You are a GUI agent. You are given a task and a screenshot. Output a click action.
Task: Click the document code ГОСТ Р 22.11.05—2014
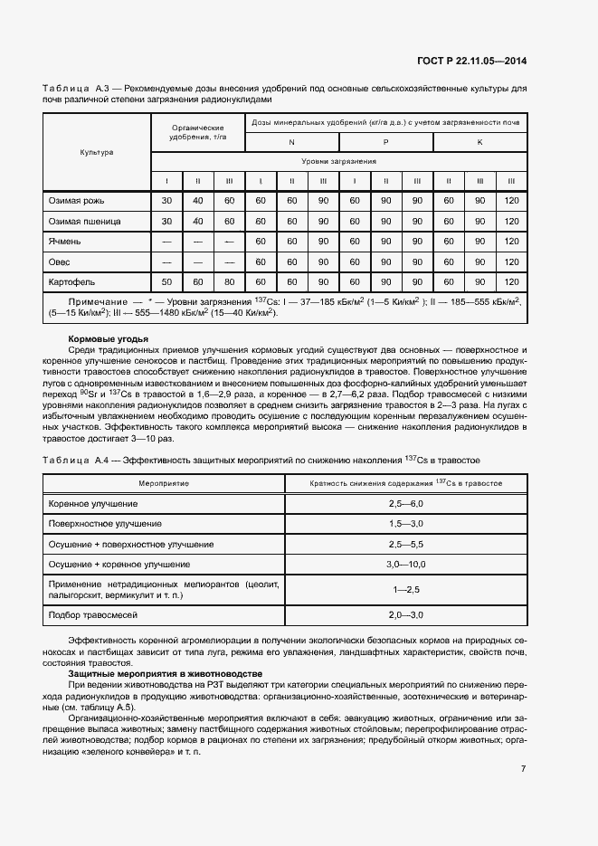pos(471,62)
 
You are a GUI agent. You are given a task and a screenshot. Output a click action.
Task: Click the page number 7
pos(523,769)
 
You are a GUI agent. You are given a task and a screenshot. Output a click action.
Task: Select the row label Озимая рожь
pos(71,201)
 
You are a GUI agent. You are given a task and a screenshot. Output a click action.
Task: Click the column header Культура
pos(97,152)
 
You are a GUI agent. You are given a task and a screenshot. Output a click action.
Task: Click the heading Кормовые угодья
pos(108,338)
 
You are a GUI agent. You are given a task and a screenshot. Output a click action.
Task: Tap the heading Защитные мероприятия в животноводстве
pos(165,674)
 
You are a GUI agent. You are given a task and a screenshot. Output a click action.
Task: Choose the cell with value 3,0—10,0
pos(405,565)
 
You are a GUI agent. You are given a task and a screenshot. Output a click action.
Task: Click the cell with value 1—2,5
pos(405,590)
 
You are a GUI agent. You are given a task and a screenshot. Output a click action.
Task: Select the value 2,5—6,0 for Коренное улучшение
pos(405,502)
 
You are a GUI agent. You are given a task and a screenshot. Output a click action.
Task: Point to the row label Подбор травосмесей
pos(93,615)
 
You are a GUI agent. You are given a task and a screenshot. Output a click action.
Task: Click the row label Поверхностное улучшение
pos(106,523)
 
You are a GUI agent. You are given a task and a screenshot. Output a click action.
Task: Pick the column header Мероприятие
pos(164,483)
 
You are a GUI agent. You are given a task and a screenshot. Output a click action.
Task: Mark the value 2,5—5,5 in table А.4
pos(405,544)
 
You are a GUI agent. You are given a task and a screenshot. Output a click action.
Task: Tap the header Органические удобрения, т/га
pos(197,132)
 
